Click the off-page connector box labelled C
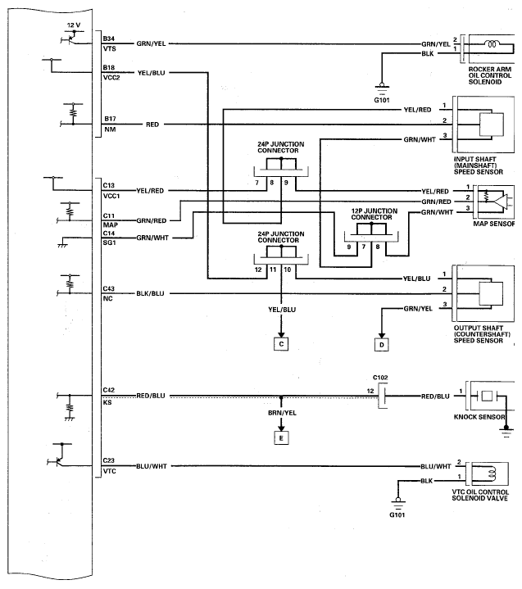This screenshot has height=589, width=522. coord(281,344)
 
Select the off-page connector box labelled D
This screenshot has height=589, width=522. coord(382,344)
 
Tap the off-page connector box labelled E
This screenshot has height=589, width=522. coord(281,438)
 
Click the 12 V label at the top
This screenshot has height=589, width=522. coord(74,25)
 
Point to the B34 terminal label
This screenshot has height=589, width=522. coord(109,39)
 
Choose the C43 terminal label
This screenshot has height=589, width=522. coord(109,288)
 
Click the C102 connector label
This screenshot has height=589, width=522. coord(380,378)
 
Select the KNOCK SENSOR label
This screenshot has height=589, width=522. coord(479,417)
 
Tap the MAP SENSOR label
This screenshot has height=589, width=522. coord(494,224)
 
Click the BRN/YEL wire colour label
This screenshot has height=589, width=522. coord(282,413)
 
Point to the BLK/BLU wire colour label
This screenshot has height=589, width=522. coord(150,293)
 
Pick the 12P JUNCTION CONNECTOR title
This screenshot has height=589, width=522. coord(374,214)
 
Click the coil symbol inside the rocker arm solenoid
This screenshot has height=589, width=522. coord(492,44)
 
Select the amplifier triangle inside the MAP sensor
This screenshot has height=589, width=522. coord(501,202)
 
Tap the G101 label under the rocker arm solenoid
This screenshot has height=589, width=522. coord(382,100)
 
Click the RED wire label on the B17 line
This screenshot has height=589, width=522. coord(152,125)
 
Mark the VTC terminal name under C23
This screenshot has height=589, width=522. coord(110,471)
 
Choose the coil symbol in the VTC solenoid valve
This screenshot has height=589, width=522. coord(492,473)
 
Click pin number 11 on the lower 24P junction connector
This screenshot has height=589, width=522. coord(273,270)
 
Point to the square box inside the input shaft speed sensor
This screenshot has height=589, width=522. coord(492,125)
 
